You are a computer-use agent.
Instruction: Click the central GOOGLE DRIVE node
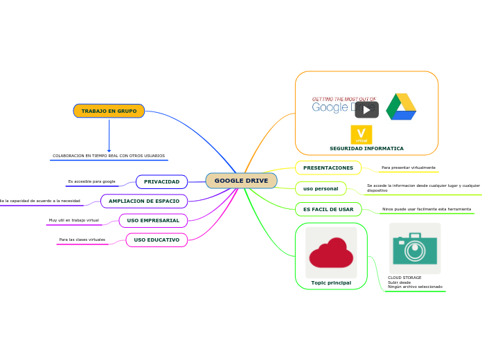(241, 181)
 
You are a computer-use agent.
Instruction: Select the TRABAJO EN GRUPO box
(109, 111)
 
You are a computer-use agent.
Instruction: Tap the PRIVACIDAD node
(161, 182)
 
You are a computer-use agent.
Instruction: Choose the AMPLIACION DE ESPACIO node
(144, 201)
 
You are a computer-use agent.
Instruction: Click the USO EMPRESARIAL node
(153, 220)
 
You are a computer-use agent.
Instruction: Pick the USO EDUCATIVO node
(157, 240)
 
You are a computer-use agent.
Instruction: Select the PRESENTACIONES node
(328, 168)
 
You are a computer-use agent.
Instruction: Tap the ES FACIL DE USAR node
(328, 208)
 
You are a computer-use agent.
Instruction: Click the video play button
(366, 109)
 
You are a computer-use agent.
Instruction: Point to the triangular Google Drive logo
(401, 107)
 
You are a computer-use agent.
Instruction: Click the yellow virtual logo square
(361, 134)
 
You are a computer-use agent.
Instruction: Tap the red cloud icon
(331, 253)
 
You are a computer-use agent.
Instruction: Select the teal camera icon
(415, 249)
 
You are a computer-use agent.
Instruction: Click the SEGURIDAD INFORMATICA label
(366, 148)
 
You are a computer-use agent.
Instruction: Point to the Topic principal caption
(331, 282)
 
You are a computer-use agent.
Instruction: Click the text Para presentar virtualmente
(409, 168)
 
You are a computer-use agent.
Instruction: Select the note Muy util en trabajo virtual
(74, 220)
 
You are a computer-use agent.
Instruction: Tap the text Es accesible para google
(91, 181)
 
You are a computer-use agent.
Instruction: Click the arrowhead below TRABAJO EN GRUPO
(109, 149)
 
